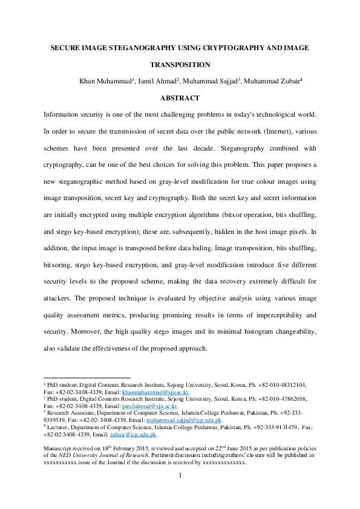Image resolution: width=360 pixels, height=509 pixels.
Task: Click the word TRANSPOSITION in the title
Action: tap(180, 64)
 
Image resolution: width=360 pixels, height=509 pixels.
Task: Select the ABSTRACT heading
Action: tap(180, 97)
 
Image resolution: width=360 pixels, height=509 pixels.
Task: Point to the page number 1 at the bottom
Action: tap(180, 493)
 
